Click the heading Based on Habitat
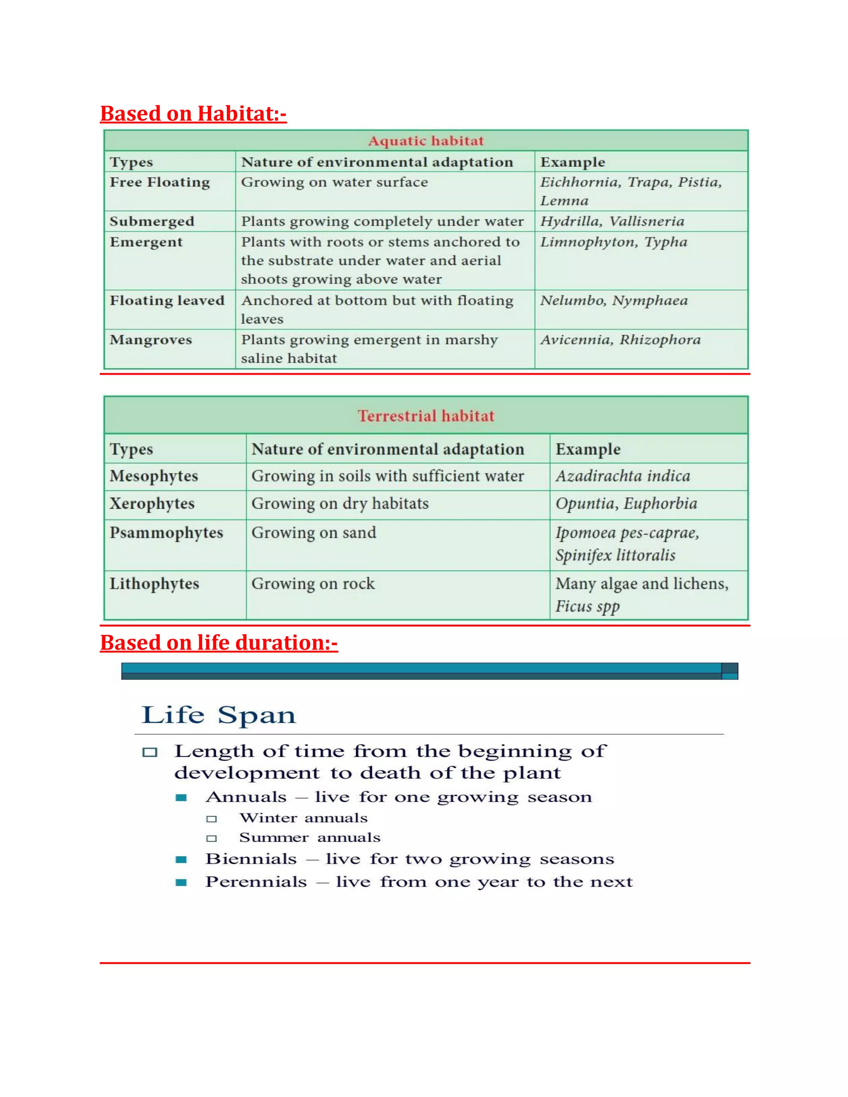[193, 113]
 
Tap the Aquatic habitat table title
[426, 141]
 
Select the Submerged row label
[152, 221]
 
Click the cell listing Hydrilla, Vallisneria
[612, 221]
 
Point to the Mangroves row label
[151, 340]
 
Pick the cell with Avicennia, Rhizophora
[620, 340]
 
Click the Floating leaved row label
[167, 301]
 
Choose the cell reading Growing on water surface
[334, 182]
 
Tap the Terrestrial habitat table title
[426, 416]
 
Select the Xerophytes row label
[152, 504]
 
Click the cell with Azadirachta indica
[622, 476]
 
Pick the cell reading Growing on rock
[313, 584]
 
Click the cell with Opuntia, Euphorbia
[626, 504]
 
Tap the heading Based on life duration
[219, 643]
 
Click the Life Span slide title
[219, 715]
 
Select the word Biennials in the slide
[251, 859]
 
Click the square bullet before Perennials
[181, 883]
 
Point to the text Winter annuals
[304, 818]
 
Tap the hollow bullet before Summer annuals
[212, 838]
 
